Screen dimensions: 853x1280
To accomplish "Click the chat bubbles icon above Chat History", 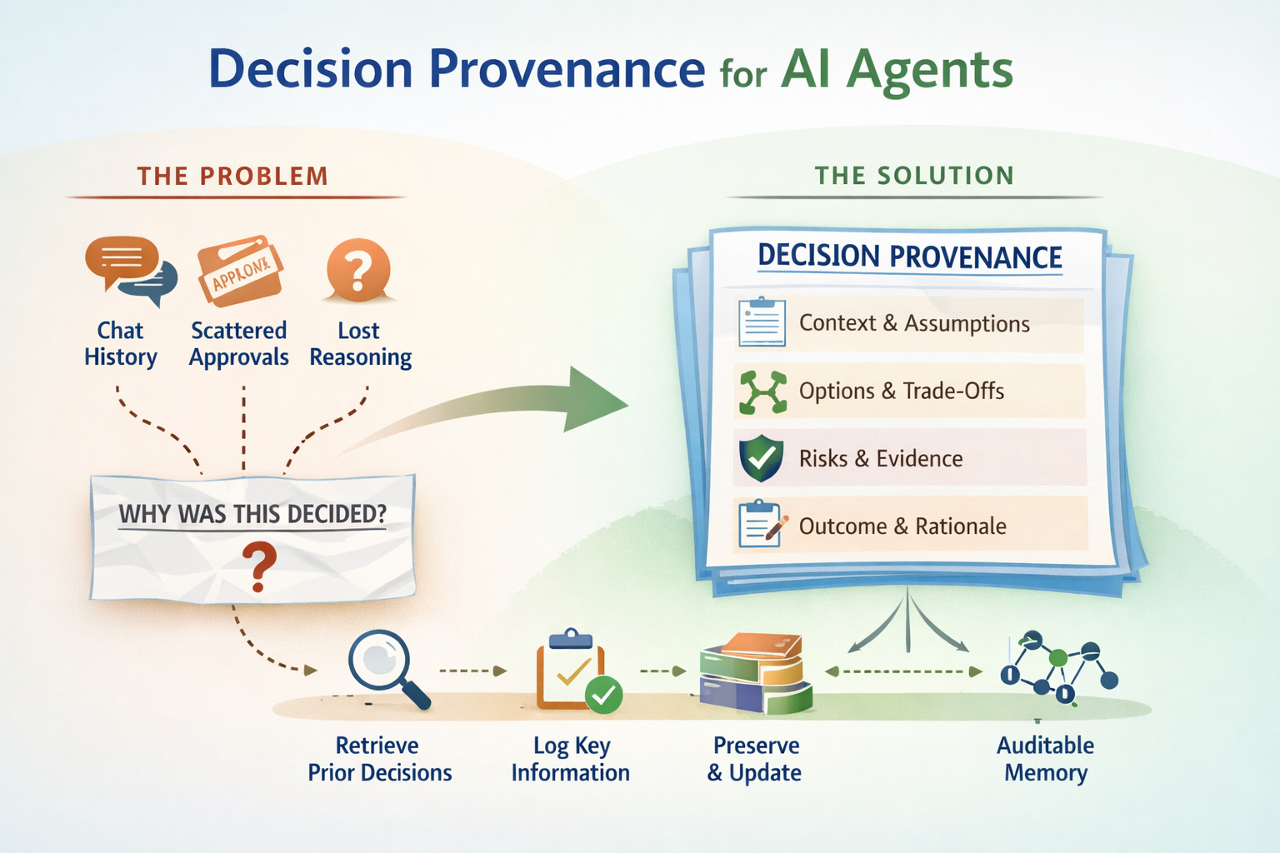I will pyautogui.click(x=130, y=268).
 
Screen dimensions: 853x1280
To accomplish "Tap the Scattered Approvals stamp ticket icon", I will pyautogui.click(x=240, y=271).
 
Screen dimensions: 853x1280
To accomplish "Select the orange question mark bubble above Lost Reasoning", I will pyautogui.click(x=358, y=270).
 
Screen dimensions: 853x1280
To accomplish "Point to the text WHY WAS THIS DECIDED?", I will pyautogui.click(x=252, y=514).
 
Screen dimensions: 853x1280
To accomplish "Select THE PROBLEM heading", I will pyautogui.click(x=232, y=177).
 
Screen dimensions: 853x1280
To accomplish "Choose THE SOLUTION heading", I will pyautogui.click(x=914, y=176).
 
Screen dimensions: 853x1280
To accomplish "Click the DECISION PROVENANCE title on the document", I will pyautogui.click(x=909, y=257).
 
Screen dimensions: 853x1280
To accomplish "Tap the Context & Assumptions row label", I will pyautogui.click(x=914, y=323).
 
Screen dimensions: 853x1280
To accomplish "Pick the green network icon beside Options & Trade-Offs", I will pyautogui.click(x=762, y=392).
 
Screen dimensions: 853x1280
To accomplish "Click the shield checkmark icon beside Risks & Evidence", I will pyautogui.click(x=761, y=458).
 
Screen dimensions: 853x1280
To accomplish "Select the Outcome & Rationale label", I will pyautogui.click(x=902, y=526).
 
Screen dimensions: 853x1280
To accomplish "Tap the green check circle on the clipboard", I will pyautogui.click(x=603, y=694).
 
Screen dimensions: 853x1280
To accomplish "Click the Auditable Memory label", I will pyautogui.click(x=1046, y=759).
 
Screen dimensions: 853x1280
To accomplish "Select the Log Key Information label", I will pyautogui.click(x=571, y=759).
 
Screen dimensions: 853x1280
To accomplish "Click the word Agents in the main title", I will pyautogui.click(x=929, y=70).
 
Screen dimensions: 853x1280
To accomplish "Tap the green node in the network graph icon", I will pyautogui.click(x=1057, y=658).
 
